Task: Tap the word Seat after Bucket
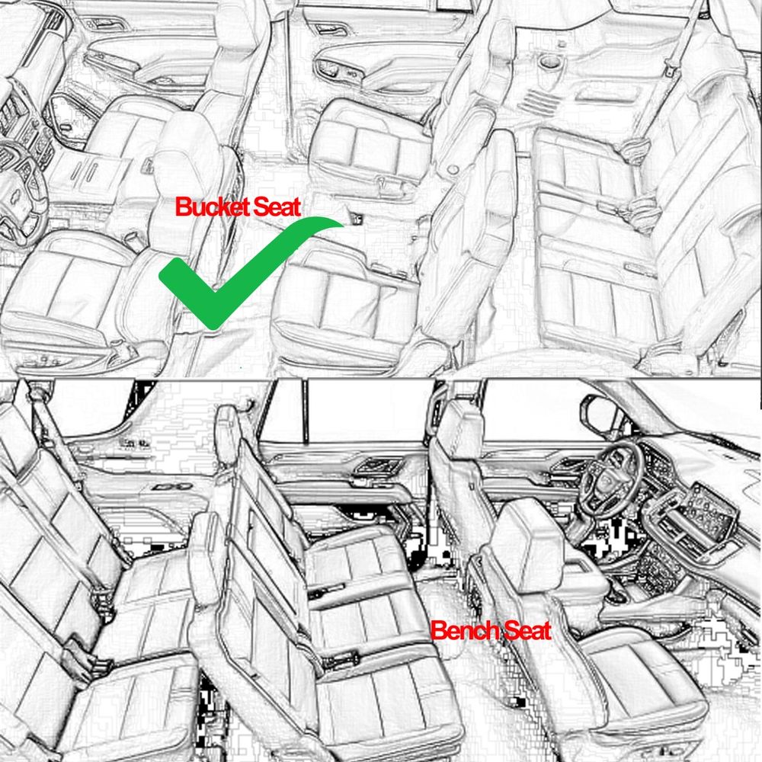(277, 207)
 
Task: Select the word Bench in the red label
(465, 631)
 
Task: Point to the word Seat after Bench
(527, 631)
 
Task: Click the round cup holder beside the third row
(549, 62)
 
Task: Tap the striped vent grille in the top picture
(539, 101)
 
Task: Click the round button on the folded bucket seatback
(453, 170)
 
